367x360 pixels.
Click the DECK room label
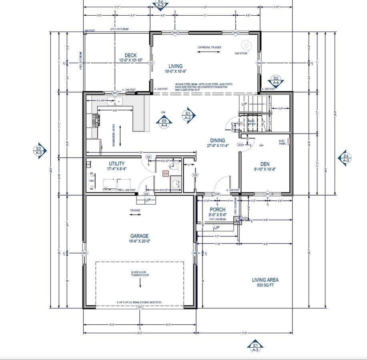coord(130,55)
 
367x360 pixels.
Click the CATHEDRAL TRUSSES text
coord(209,48)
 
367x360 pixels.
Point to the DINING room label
coord(218,140)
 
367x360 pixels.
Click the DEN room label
coord(265,164)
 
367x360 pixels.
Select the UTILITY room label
coord(116,164)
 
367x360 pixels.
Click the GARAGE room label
coord(139,236)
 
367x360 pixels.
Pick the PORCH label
coord(218,210)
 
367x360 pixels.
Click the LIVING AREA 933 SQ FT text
coord(265,280)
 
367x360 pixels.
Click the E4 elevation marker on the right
coord(345,158)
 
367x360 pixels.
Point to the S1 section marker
coord(187,115)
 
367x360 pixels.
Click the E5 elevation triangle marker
coord(164,122)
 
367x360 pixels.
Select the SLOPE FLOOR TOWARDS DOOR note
coord(140,274)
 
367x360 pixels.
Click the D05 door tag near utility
coord(148,157)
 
